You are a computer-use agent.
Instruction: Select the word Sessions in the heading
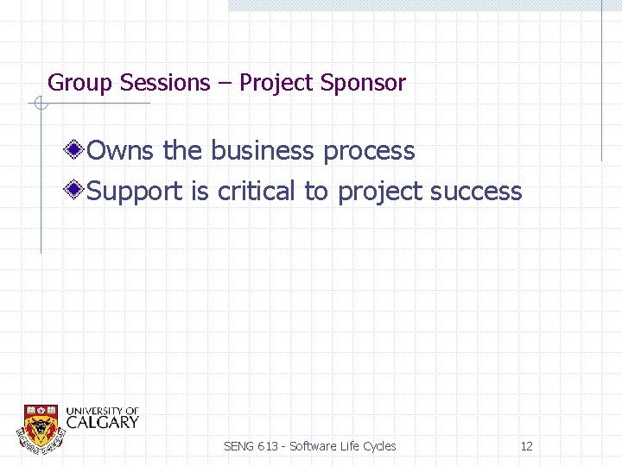point(165,83)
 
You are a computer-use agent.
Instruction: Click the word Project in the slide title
point(276,84)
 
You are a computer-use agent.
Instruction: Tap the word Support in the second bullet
point(136,192)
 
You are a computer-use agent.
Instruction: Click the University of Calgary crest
point(41,425)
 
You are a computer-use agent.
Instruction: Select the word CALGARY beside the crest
point(102,422)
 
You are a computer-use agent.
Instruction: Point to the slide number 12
point(526,446)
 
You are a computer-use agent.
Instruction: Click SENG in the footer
point(238,446)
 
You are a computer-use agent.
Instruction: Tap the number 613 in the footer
point(269,446)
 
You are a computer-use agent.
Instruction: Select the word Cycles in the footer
point(379,446)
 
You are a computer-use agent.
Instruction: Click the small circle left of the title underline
point(40,104)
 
